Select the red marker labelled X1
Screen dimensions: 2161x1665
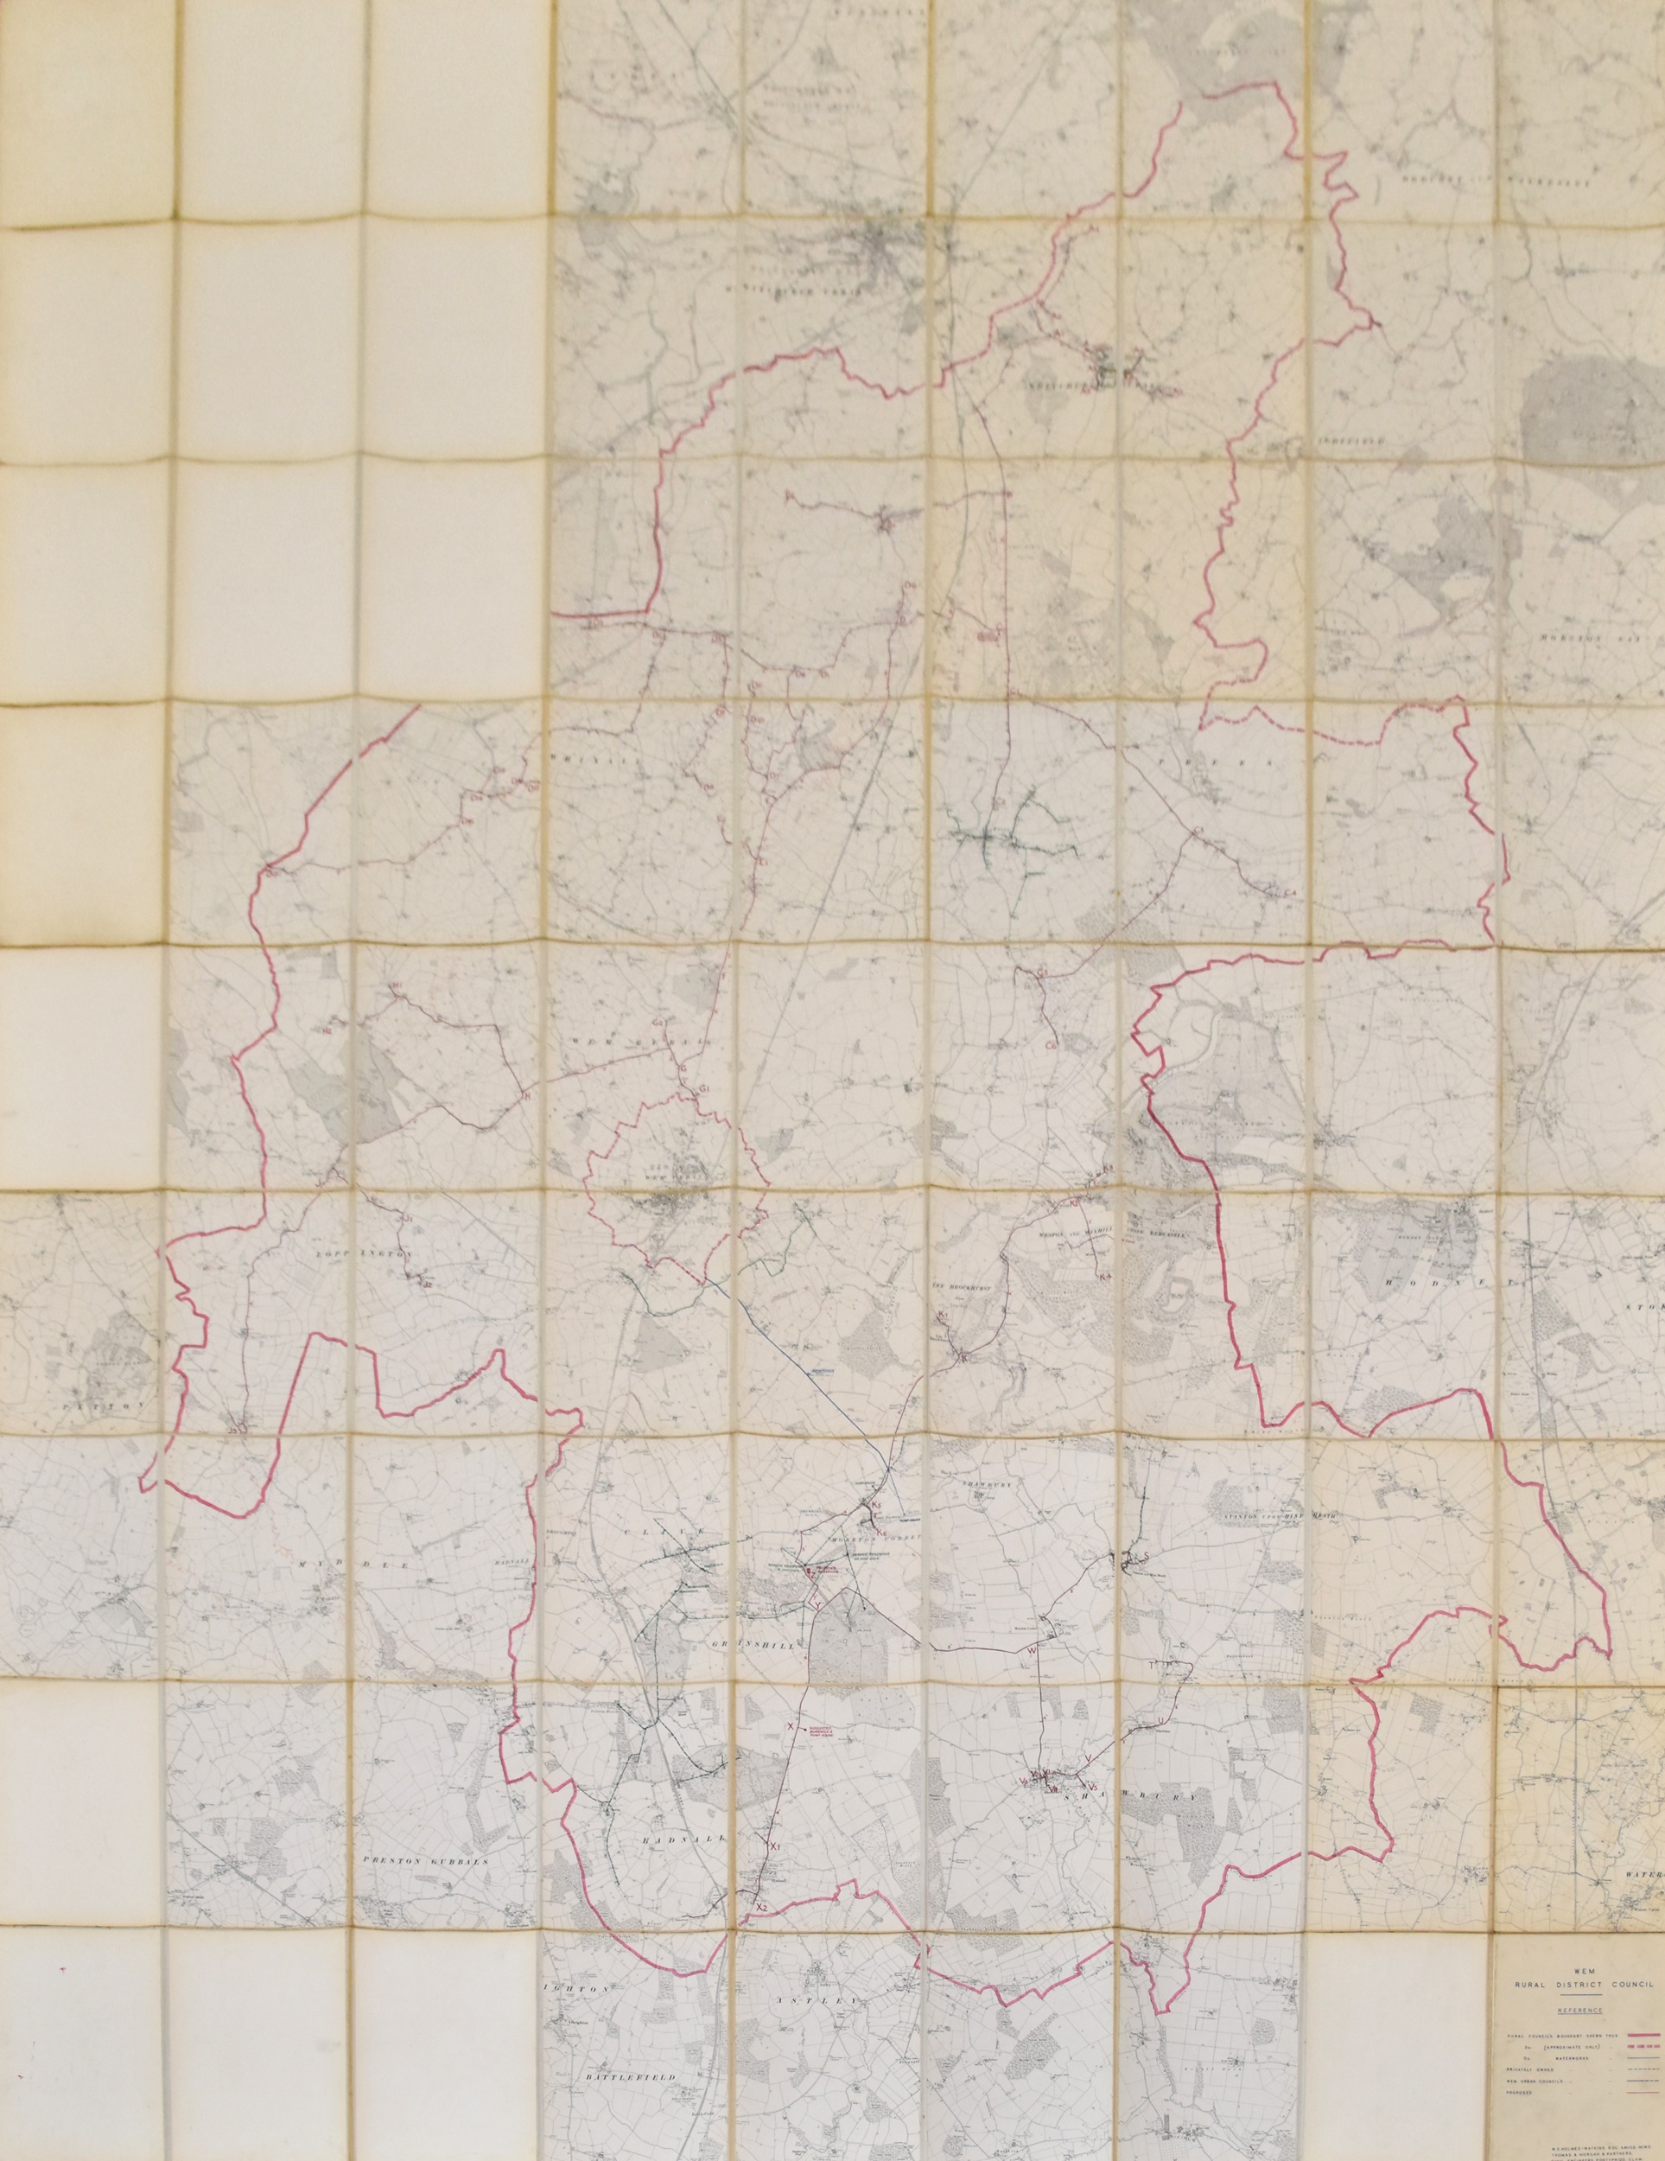[x=776, y=1819]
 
